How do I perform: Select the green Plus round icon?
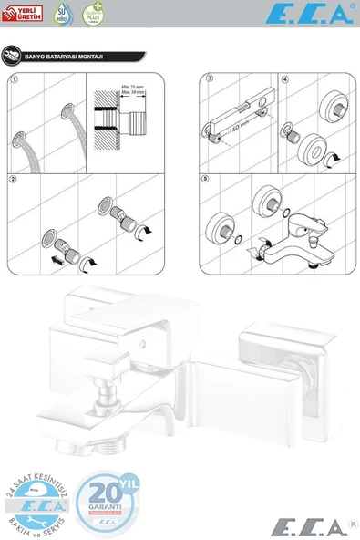pos(91,13)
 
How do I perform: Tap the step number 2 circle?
pos(13,179)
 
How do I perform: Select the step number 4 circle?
pos(285,79)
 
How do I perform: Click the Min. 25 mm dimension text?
pos(133,87)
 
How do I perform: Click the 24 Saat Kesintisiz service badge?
pos(39,503)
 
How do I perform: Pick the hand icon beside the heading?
pos(10,56)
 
